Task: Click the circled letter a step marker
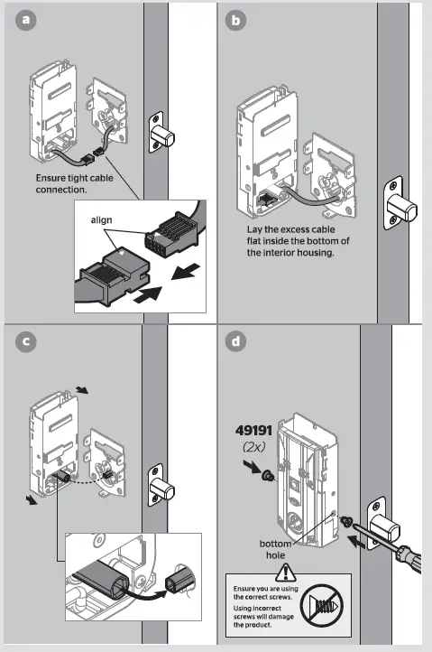(x=26, y=20)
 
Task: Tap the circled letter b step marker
(x=235, y=20)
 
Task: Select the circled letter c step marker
(x=26, y=341)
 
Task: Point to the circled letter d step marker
(x=235, y=341)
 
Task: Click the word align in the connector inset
(x=101, y=220)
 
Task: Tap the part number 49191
(x=253, y=431)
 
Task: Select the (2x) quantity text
(x=253, y=447)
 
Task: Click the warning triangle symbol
(x=285, y=573)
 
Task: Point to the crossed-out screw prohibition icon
(x=321, y=605)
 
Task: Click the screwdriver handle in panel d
(x=409, y=559)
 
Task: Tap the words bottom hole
(x=275, y=549)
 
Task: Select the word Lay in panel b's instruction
(x=253, y=229)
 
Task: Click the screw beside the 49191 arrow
(x=268, y=474)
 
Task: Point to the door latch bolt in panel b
(x=400, y=206)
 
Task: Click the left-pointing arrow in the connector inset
(x=187, y=272)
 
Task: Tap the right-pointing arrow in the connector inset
(x=147, y=294)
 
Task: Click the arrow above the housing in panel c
(x=82, y=389)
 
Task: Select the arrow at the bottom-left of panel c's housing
(x=32, y=500)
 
